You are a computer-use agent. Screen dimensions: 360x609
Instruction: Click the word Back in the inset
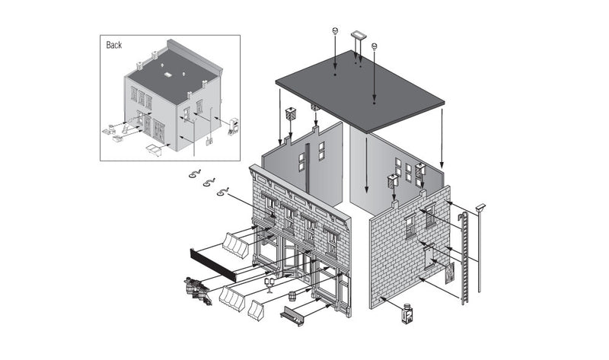(x=113, y=45)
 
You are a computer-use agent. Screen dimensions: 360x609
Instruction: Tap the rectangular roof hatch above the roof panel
(x=358, y=35)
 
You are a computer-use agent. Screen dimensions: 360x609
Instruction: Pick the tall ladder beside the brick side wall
(x=463, y=259)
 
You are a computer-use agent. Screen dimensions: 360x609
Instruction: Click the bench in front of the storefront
(x=292, y=314)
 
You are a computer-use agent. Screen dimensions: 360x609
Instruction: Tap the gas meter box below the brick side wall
(x=408, y=314)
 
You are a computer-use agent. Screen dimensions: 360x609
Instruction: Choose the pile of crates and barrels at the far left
(x=197, y=289)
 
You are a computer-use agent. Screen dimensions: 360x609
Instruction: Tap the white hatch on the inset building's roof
(x=167, y=74)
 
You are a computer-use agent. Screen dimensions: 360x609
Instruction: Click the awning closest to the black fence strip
(x=236, y=246)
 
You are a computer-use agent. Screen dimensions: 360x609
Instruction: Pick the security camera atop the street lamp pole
(x=480, y=206)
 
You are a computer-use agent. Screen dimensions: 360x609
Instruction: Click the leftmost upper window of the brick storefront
(x=270, y=202)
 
